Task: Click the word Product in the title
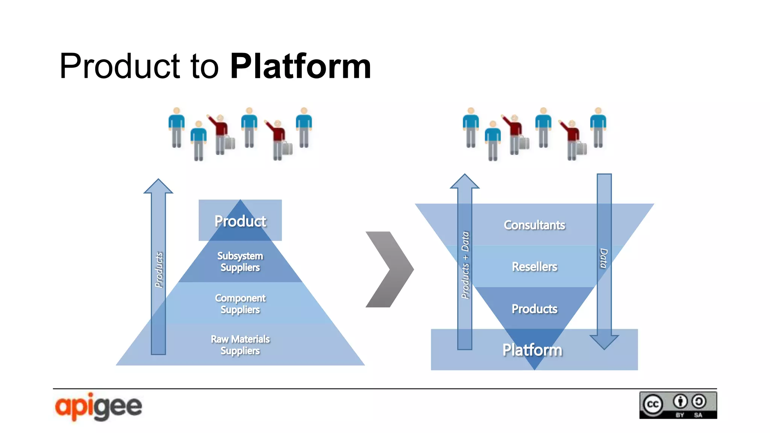point(120,67)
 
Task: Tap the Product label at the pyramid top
point(240,221)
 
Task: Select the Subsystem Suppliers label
point(240,262)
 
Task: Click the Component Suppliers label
point(240,304)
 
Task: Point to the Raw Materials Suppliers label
point(240,345)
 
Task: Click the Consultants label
point(534,225)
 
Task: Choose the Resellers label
point(534,266)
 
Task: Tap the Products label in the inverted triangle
point(534,309)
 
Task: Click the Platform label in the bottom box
point(532,350)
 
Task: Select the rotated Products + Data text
point(465,265)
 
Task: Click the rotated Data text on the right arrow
point(603,258)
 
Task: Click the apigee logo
point(99,407)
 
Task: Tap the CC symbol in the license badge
point(653,404)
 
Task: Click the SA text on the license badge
point(698,415)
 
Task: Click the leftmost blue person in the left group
point(176,128)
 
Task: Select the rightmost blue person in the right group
point(598,128)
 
